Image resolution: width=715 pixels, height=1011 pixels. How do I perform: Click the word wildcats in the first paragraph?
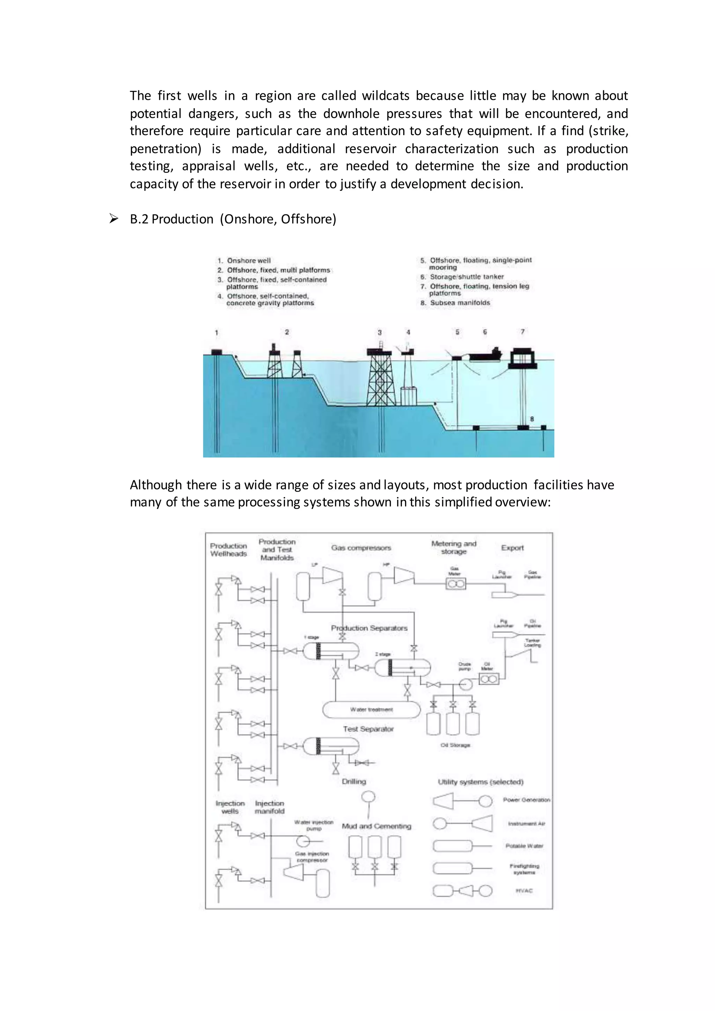point(386,96)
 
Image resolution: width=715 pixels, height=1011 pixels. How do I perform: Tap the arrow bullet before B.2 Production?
point(113,219)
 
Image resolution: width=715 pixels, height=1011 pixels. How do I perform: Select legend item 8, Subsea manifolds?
point(460,303)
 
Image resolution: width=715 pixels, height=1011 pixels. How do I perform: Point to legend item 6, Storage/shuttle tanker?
point(467,277)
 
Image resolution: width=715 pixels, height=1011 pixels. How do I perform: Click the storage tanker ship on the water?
point(485,355)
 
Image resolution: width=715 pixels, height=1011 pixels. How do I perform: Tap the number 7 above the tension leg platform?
point(523,332)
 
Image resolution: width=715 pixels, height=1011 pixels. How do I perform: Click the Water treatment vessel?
point(371,709)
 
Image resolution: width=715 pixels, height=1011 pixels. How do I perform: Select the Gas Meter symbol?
point(456,584)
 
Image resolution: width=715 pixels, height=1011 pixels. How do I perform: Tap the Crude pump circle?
point(466,684)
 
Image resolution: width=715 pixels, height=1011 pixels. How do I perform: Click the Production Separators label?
point(369,628)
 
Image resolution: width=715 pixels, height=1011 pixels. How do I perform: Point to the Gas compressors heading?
point(361,548)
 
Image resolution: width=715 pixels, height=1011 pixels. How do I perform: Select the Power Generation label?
point(526,800)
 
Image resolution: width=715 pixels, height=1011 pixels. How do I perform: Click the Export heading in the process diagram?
point(513,548)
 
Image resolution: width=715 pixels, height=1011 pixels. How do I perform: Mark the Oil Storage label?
point(455,745)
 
